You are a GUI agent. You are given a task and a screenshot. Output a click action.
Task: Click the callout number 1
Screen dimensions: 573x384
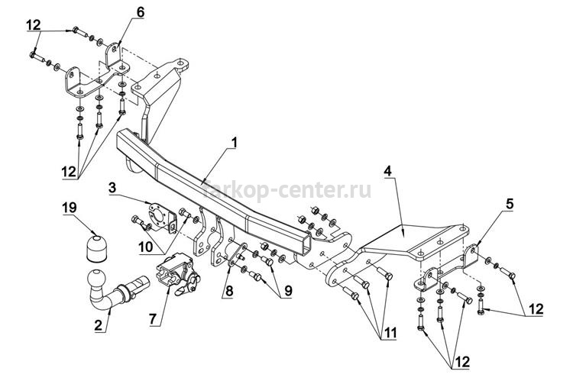pos(234,143)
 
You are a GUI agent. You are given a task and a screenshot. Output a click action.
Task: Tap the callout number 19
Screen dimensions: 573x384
pos(70,208)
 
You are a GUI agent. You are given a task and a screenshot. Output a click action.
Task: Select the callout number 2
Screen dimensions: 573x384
pos(99,325)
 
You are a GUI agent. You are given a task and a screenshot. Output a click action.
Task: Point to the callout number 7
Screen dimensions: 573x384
pos(152,318)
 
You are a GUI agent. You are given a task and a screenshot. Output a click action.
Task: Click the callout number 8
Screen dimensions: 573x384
pos(229,291)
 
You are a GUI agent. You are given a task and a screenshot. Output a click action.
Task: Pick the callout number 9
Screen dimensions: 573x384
pos(288,291)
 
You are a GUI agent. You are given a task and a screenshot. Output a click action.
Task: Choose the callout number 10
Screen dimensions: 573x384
pos(145,247)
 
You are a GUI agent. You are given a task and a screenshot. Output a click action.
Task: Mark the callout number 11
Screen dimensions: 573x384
pos(388,333)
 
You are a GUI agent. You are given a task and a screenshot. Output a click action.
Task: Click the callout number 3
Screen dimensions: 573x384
pos(112,188)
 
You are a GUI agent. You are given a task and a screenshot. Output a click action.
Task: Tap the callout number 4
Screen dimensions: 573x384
pos(387,171)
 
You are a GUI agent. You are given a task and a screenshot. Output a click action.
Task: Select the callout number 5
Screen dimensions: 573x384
pos(510,204)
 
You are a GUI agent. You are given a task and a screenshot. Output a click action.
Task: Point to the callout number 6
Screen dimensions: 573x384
pos(141,12)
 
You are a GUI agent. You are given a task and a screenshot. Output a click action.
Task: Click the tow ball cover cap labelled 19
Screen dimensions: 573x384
pos(96,249)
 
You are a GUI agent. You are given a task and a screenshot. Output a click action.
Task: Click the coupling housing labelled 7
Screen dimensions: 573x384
pos(177,273)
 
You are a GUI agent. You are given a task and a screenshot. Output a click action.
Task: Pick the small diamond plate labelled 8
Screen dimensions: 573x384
pos(236,253)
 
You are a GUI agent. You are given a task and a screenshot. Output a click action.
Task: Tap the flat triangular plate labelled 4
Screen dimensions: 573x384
pos(413,241)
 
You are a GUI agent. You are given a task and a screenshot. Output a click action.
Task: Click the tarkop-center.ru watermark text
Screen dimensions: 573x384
pos(286,190)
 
